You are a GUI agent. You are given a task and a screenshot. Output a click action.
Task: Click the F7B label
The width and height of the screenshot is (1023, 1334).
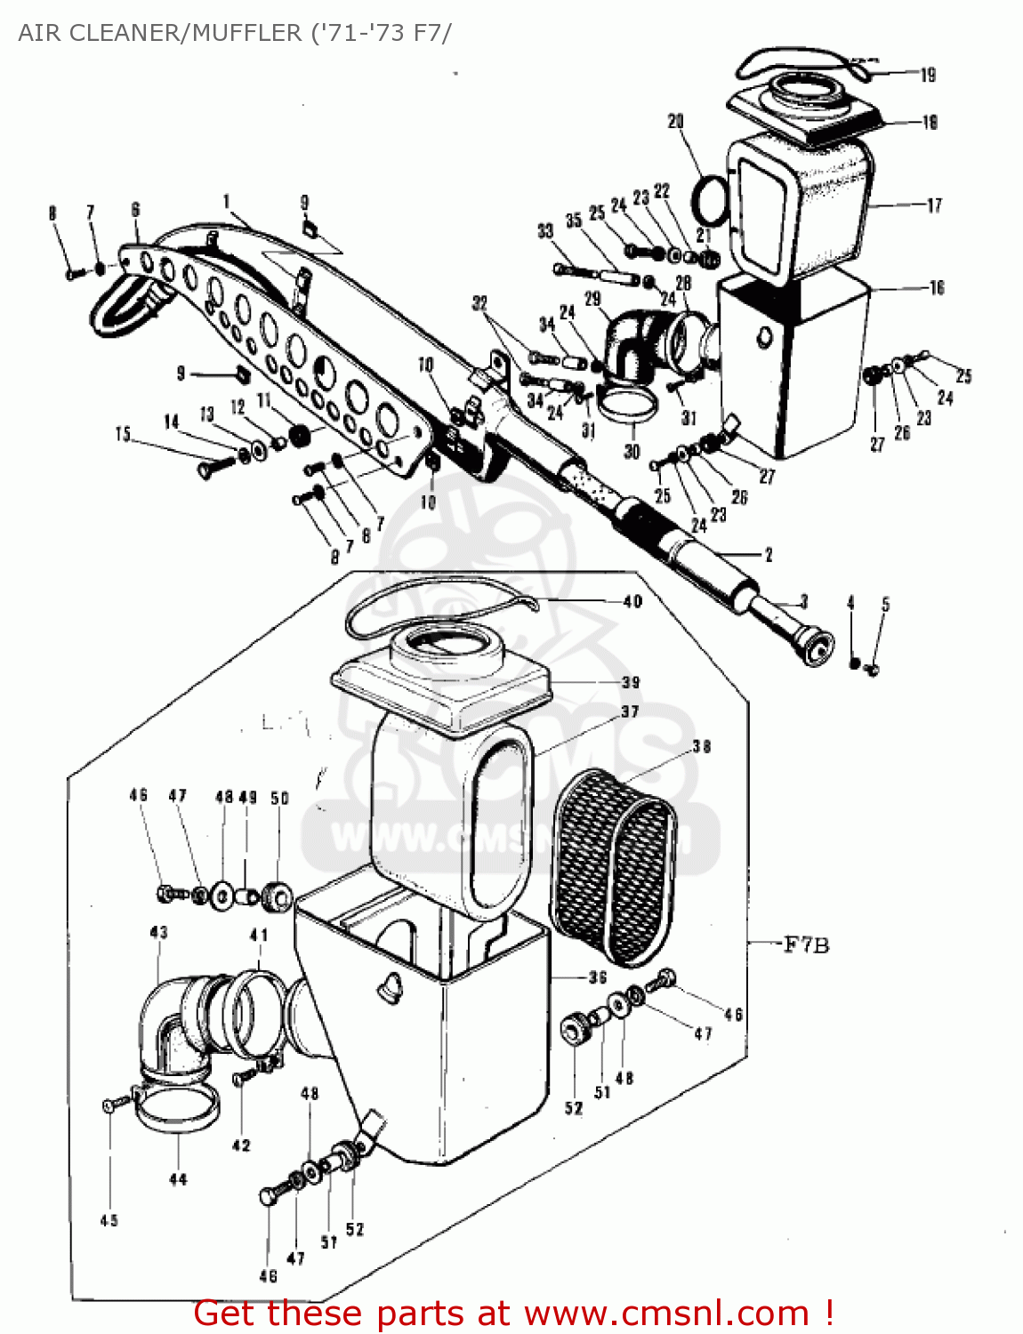[806, 944]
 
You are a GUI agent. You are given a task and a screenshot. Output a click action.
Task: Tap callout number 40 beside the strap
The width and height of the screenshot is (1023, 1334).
[632, 602]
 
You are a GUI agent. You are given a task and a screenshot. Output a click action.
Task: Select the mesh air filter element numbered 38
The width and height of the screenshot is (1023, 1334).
[614, 867]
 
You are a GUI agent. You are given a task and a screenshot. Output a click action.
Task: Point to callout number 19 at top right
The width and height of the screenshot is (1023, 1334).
[928, 75]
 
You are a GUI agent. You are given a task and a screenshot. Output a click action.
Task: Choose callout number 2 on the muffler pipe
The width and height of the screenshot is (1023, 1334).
[769, 555]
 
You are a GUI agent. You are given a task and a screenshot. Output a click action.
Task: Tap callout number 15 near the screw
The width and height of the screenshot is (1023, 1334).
[123, 434]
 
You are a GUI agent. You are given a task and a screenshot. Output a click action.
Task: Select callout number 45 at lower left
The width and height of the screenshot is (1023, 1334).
[109, 1220]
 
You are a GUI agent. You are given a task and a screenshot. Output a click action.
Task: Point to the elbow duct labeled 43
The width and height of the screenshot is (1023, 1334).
[173, 1023]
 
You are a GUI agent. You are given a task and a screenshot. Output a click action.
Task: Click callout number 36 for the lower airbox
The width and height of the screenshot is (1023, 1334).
[598, 976]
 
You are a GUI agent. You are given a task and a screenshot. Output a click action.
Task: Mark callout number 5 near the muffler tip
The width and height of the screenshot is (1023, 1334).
[885, 605]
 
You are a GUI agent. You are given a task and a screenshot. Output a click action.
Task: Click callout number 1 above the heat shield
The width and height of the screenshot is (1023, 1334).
[227, 202]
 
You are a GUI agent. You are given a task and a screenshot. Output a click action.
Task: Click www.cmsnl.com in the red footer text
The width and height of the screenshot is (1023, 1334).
[666, 1313]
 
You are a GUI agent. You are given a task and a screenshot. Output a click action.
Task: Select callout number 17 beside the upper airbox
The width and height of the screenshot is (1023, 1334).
[933, 205]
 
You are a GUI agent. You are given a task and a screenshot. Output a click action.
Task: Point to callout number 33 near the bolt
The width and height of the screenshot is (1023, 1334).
[545, 231]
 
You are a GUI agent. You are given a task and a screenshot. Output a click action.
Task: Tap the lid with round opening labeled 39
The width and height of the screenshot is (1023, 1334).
[440, 680]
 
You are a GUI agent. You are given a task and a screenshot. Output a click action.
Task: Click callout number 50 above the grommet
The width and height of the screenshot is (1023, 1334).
[279, 798]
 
